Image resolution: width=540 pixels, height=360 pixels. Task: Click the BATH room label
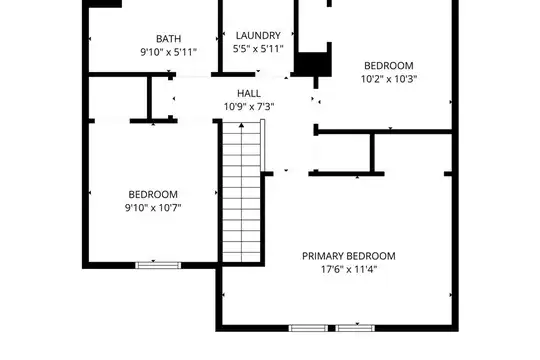[168, 39]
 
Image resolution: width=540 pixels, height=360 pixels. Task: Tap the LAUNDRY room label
[258, 35]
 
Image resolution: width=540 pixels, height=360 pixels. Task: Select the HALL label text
[249, 93]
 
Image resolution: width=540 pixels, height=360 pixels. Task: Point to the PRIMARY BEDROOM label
[349, 256]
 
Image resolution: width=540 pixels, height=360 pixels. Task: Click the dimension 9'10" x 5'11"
[168, 52]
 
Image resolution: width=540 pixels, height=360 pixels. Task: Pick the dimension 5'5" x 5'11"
[258, 49]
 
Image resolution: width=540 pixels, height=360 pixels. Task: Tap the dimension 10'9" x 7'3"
[249, 107]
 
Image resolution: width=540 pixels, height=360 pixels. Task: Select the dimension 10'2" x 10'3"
[389, 79]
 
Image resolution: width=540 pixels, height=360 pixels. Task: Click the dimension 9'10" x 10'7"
[153, 208]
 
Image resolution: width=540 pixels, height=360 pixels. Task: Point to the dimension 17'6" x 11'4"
[349, 269]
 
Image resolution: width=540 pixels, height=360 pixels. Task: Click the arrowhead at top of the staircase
[241, 125]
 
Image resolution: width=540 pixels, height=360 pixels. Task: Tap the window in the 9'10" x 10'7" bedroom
[158, 265]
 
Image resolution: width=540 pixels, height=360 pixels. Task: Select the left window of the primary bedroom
[308, 328]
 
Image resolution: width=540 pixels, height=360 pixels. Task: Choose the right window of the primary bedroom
[355, 328]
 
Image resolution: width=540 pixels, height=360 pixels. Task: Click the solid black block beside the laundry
[313, 64]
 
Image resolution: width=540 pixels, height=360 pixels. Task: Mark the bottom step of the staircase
[241, 257]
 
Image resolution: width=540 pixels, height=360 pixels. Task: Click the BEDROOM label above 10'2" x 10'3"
[389, 65]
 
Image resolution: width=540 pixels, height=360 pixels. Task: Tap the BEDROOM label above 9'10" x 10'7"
[153, 194]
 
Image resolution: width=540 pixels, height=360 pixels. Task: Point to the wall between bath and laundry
[220, 36]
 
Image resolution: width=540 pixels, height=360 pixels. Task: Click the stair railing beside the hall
[262, 145]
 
